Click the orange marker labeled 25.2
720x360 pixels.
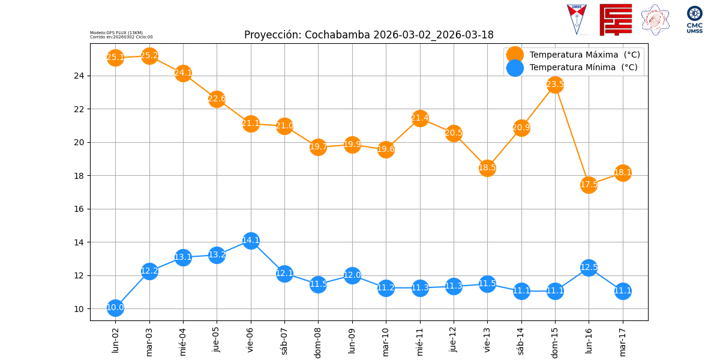(149, 56)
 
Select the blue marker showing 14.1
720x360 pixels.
(251, 241)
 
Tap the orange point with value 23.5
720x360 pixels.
(555, 85)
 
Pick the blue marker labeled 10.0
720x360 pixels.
(115, 308)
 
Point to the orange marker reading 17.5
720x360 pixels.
(589, 184)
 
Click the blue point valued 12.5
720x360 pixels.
(589, 268)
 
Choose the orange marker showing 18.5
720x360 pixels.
(487, 168)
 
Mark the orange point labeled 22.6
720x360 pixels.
(217, 99)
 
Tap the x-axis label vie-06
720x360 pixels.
(251, 340)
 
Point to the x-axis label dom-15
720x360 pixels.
(555, 341)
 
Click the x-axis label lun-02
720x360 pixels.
(115, 340)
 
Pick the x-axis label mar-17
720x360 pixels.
(623, 341)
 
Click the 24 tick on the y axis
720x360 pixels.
(80, 76)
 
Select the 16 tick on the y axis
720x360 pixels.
(80, 209)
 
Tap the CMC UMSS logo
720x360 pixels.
(695, 19)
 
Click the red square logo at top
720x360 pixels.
(616, 19)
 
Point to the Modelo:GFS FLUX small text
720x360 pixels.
(116, 32)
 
